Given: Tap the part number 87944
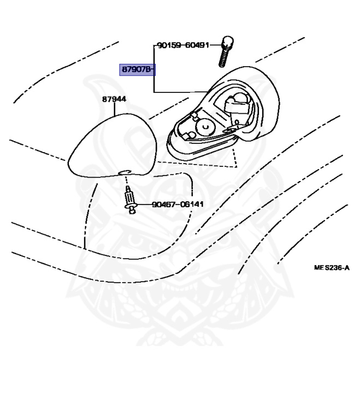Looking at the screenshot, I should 114,100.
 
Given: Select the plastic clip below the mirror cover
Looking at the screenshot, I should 130,199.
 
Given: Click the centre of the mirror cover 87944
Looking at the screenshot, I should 112,146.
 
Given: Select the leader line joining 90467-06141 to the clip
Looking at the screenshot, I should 143,205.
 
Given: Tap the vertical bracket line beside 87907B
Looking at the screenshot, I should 154,77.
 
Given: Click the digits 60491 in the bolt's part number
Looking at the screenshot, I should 197,45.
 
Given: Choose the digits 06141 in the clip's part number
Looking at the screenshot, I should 191,205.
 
